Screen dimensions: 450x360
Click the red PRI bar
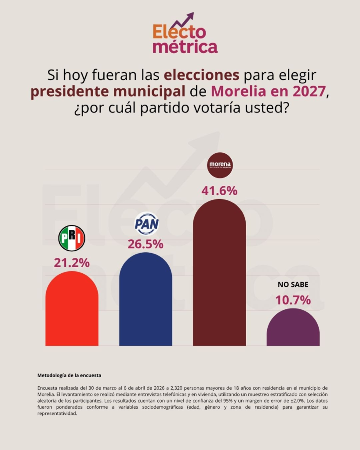tap(72, 310)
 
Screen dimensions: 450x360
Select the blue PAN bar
tap(145, 301)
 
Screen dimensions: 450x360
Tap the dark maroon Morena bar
tap(219, 275)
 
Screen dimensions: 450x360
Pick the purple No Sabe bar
tap(293, 329)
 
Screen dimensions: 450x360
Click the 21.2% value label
tap(72, 263)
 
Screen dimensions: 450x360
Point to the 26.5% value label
tap(145, 244)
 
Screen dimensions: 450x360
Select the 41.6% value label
tap(219, 191)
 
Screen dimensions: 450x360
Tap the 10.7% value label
tap(293, 300)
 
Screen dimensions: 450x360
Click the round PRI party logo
tap(72, 238)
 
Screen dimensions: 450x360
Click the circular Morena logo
tap(220, 165)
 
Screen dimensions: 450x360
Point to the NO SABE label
tap(293, 284)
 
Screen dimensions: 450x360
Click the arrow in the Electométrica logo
tap(183, 20)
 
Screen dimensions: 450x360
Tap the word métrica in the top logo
tap(185, 47)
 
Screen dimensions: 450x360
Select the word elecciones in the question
tap(202, 75)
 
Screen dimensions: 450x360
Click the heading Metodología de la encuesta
tap(69, 375)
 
